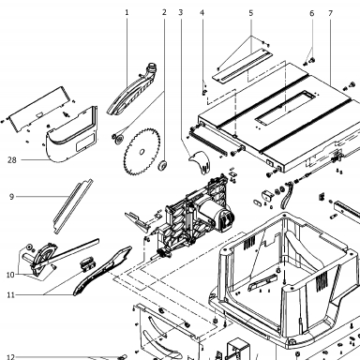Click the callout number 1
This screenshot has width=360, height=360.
tap(127, 12)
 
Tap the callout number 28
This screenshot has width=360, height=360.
tap(12, 160)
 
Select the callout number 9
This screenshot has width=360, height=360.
tap(11, 197)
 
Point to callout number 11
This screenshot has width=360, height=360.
tap(11, 295)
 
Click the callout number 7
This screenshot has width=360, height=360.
tap(331, 13)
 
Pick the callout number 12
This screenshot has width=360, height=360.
tap(10, 357)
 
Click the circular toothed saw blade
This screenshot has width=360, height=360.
tap(142, 152)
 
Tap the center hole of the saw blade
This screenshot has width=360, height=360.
tap(142, 152)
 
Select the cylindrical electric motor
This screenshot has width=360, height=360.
tap(215, 215)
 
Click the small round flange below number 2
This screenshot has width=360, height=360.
tap(163, 166)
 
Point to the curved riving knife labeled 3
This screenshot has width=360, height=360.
tap(200, 162)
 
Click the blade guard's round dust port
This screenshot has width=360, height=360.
tap(152, 67)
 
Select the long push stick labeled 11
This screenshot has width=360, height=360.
tap(102, 271)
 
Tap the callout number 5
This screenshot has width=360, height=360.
tap(251, 13)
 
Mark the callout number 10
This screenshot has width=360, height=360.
tap(10, 275)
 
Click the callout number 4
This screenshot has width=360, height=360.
tap(202, 13)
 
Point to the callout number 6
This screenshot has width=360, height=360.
tap(312, 13)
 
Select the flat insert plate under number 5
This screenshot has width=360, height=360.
tap(243, 67)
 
